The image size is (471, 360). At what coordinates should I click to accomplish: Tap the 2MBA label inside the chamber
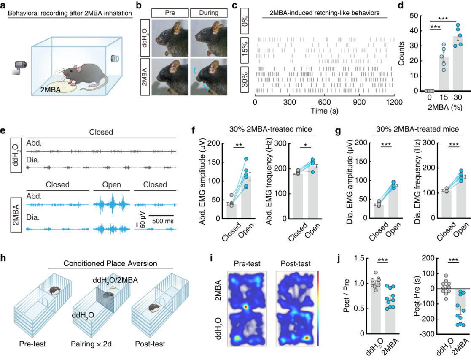pyautogui.click(x=53, y=89)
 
